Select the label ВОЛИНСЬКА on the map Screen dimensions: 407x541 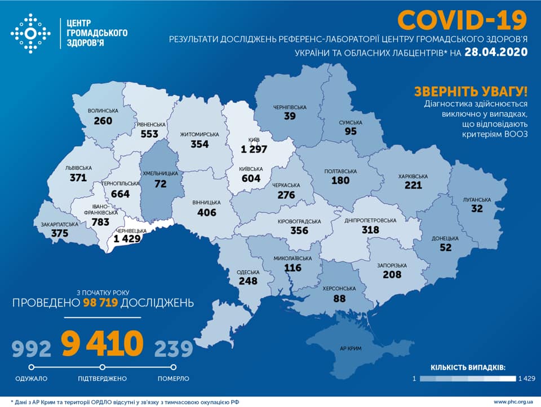(x=103, y=111)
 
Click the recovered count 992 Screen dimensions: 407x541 (x=32, y=349)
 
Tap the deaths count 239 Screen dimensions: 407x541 (x=174, y=349)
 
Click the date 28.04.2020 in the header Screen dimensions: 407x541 (x=496, y=52)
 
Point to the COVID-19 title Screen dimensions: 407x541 (x=462, y=20)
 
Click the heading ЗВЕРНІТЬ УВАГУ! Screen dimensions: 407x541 (x=471, y=91)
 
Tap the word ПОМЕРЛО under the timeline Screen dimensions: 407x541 (x=174, y=378)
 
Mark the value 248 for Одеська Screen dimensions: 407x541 (x=247, y=281)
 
